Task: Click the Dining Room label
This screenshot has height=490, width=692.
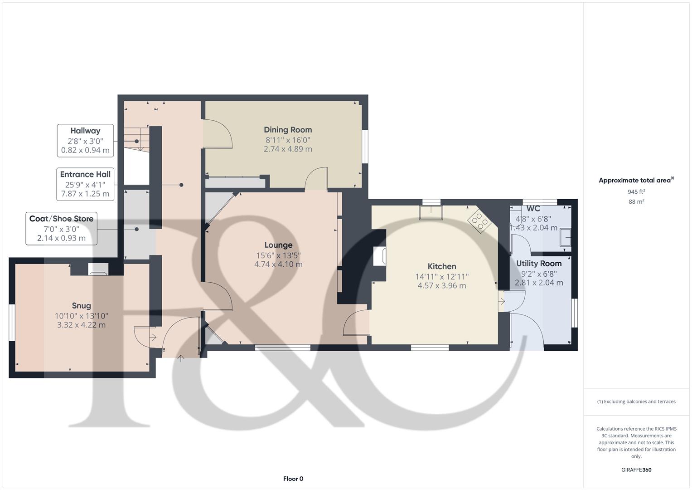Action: point(288,130)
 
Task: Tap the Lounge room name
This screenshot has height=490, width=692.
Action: point(278,245)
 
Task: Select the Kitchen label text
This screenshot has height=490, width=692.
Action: point(441,266)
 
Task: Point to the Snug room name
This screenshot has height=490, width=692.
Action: point(81,306)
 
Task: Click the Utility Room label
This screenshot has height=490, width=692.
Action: point(538,264)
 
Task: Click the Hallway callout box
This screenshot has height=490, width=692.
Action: point(85,141)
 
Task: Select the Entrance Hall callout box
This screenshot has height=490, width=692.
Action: point(85,184)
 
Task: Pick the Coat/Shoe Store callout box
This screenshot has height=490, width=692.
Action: point(61,228)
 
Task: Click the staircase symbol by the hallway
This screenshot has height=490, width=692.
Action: point(136,139)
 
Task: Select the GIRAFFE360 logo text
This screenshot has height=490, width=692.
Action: point(636,470)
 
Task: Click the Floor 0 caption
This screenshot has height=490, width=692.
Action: point(293,479)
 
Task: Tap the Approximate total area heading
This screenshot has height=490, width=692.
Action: point(636,181)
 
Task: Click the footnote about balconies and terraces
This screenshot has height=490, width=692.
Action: point(636,402)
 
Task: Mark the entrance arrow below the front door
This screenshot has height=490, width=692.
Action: point(181,358)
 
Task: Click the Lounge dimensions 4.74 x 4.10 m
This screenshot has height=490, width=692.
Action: point(278,264)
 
